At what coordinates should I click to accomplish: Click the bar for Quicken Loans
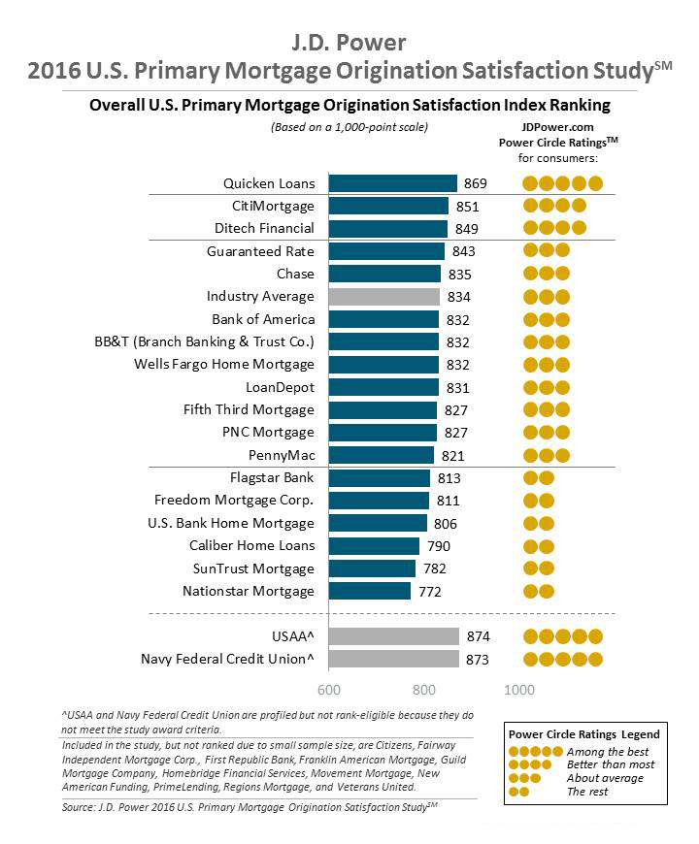[x=392, y=183]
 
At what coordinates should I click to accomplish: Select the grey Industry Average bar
[x=384, y=297]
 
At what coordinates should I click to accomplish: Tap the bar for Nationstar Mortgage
[x=370, y=591]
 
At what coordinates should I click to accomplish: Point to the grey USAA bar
[x=394, y=636]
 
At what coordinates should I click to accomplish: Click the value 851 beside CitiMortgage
[x=467, y=206]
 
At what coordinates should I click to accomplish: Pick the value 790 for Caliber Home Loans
[x=439, y=546]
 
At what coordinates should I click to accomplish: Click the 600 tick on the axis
[x=330, y=690]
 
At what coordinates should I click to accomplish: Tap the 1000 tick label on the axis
[x=519, y=690]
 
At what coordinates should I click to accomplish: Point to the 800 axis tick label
[x=424, y=690]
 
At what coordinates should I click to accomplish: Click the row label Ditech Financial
[x=264, y=228]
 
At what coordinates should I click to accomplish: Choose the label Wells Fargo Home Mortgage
[x=224, y=365]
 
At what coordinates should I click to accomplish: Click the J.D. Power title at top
[x=349, y=43]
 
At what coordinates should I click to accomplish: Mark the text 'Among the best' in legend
[x=607, y=752]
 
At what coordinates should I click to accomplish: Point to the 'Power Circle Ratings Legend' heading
[x=583, y=734]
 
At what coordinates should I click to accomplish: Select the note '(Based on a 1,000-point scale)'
[x=349, y=127]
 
